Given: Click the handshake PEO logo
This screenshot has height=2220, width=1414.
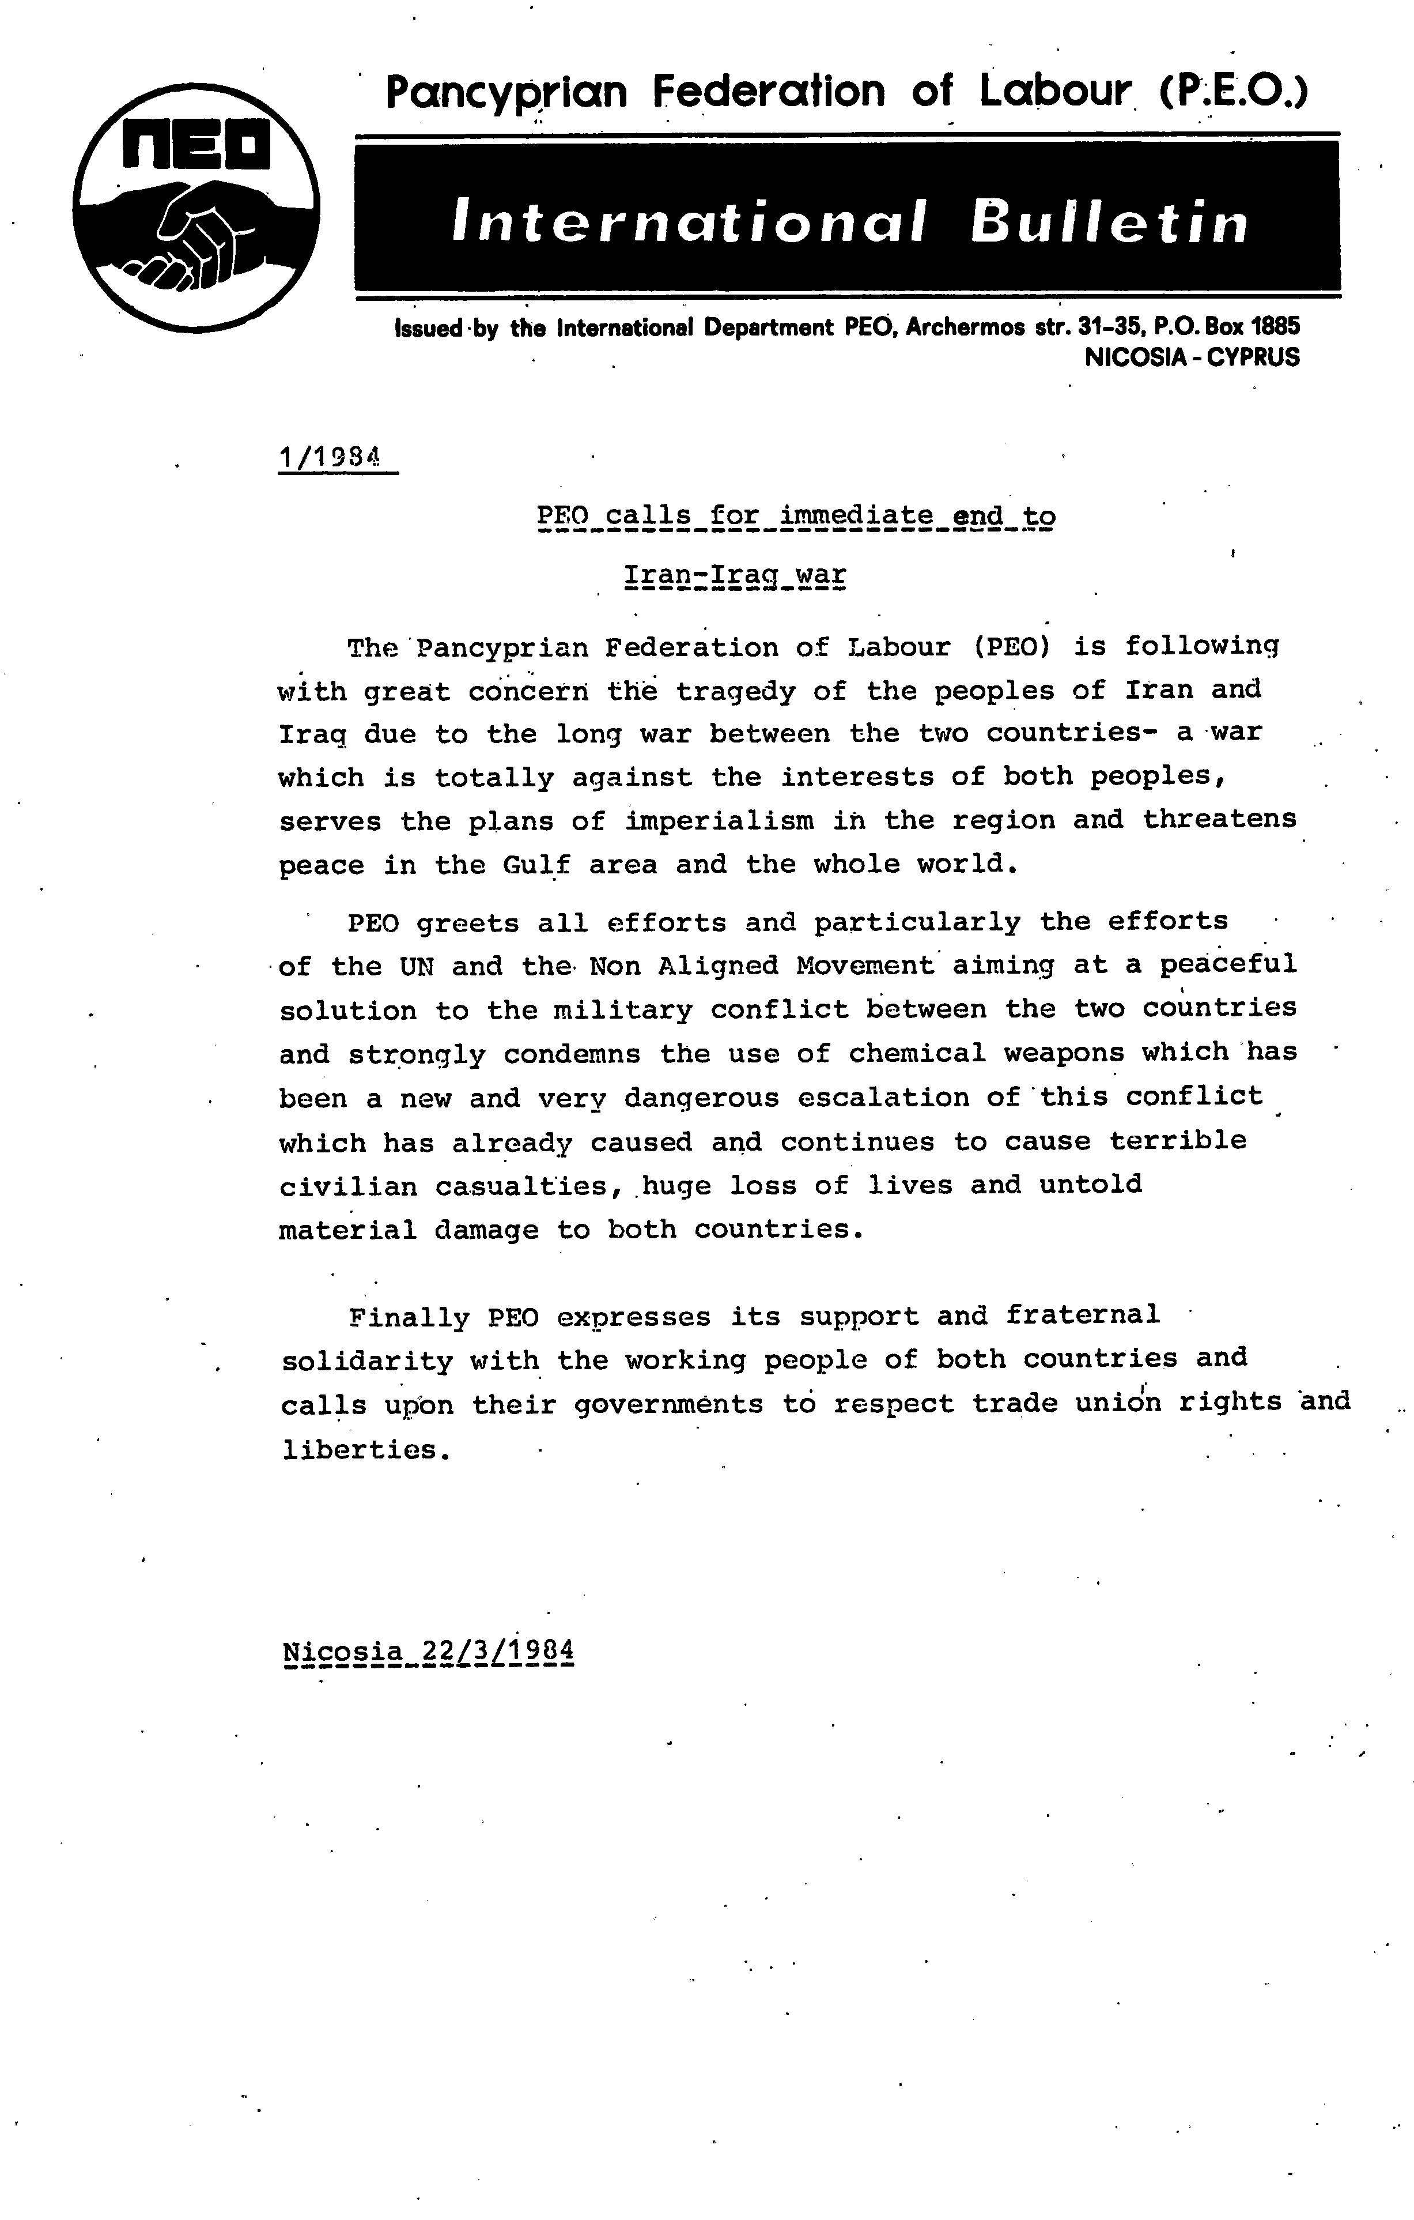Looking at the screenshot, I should tap(196, 208).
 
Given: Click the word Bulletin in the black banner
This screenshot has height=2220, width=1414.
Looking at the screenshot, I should tap(1109, 222).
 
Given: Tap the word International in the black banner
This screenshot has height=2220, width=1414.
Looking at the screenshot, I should tap(687, 222).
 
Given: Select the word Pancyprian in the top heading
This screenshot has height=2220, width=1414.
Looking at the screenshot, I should tap(506, 92).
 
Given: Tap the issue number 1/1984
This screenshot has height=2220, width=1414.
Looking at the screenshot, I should tap(330, 457).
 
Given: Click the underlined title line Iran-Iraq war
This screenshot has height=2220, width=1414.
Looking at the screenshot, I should tap(735, 575).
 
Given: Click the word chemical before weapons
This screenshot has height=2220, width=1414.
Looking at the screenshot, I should tap(917, 1052).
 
